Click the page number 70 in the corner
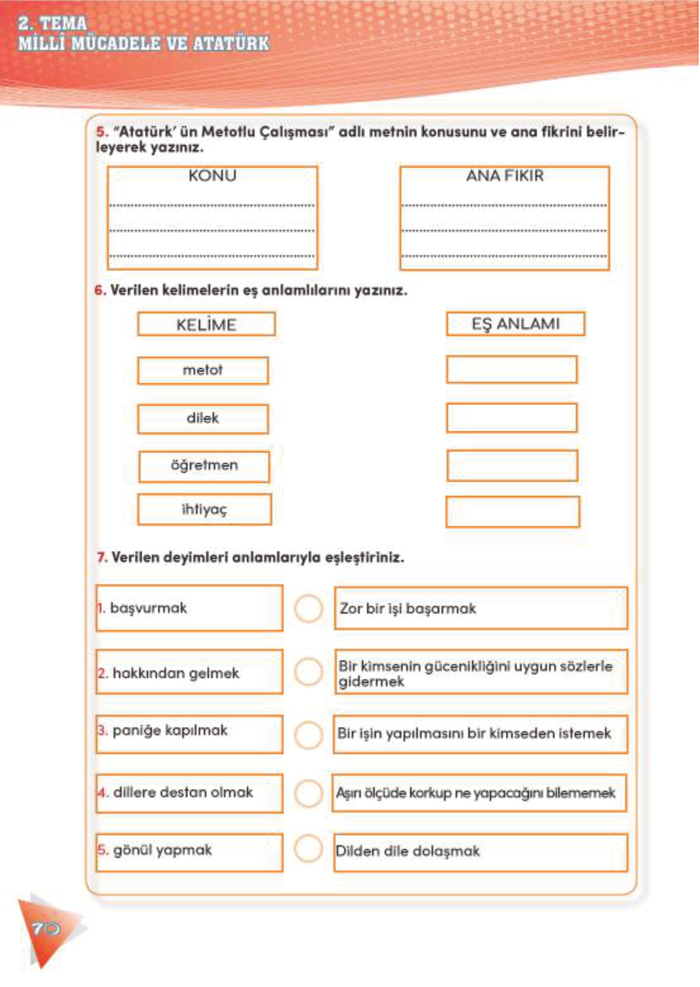point(46,928)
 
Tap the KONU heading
point(212,176)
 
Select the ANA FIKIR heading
point(504,176)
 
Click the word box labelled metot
point(203,370)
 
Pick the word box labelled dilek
point(203,418)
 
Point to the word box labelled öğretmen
point(204,466)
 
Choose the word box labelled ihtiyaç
point(204,509)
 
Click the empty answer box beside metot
point(511,369)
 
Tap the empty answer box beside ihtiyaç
point(512,512)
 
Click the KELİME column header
point(206,325)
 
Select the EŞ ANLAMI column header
point(515,324)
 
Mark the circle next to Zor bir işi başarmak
point(308,609)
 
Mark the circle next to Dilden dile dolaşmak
point(308,848)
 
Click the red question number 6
point(99,290)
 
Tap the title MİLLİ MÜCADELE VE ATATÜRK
point(144,44)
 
